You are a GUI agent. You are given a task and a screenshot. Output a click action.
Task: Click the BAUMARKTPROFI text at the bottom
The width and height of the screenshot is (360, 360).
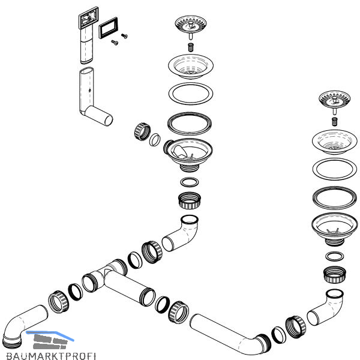51,356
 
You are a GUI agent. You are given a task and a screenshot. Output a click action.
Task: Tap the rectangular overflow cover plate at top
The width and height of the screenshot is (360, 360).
89,17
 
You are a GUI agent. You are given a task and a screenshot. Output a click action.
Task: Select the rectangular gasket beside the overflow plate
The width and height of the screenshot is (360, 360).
108,28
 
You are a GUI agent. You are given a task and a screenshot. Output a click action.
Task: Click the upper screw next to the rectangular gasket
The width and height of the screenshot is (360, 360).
124,36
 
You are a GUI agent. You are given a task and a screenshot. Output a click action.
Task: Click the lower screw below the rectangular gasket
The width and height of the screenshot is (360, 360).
115,42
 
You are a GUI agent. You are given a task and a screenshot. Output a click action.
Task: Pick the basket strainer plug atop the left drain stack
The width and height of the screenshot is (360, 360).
191,27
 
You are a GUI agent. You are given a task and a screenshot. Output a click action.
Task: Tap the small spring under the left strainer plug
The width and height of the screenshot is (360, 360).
191,47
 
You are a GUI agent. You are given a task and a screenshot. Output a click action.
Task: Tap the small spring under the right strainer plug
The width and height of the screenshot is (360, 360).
335,121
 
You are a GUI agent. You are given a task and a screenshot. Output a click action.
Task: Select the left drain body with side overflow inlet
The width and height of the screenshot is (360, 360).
188,154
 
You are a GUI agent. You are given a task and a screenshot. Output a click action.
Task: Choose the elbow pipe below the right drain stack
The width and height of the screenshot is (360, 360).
325,307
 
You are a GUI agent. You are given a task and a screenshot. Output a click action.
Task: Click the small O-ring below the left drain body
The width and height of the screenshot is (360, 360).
190,182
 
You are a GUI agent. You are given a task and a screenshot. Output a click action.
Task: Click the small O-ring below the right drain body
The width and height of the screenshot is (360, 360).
335,256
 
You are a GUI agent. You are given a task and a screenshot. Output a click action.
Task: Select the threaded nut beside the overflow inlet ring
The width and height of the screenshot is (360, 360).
142,131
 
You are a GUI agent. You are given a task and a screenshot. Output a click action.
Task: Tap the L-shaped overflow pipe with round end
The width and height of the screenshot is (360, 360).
95,97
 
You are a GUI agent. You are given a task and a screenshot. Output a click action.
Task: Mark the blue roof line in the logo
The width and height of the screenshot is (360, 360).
50,335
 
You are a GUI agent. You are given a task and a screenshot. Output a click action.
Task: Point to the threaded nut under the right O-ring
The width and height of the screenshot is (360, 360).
335,274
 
